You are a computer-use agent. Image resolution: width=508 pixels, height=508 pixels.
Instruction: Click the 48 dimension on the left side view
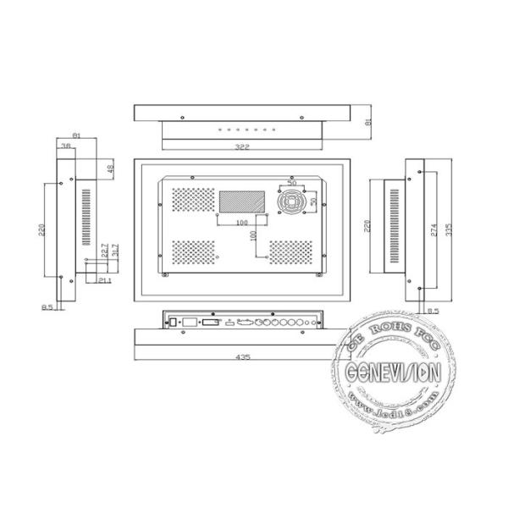109,168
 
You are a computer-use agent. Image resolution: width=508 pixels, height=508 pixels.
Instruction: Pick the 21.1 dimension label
103,280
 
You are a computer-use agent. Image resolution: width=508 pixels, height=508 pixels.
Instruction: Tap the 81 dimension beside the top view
368,123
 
